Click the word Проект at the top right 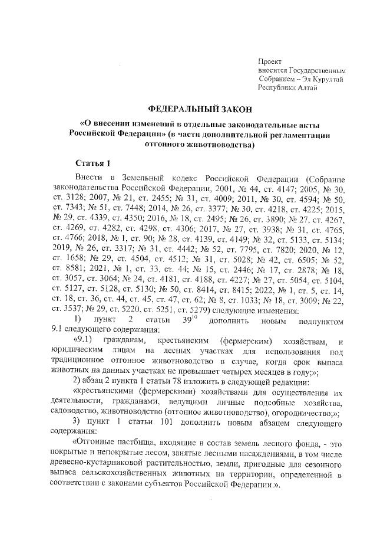click(x=270, y=61)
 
